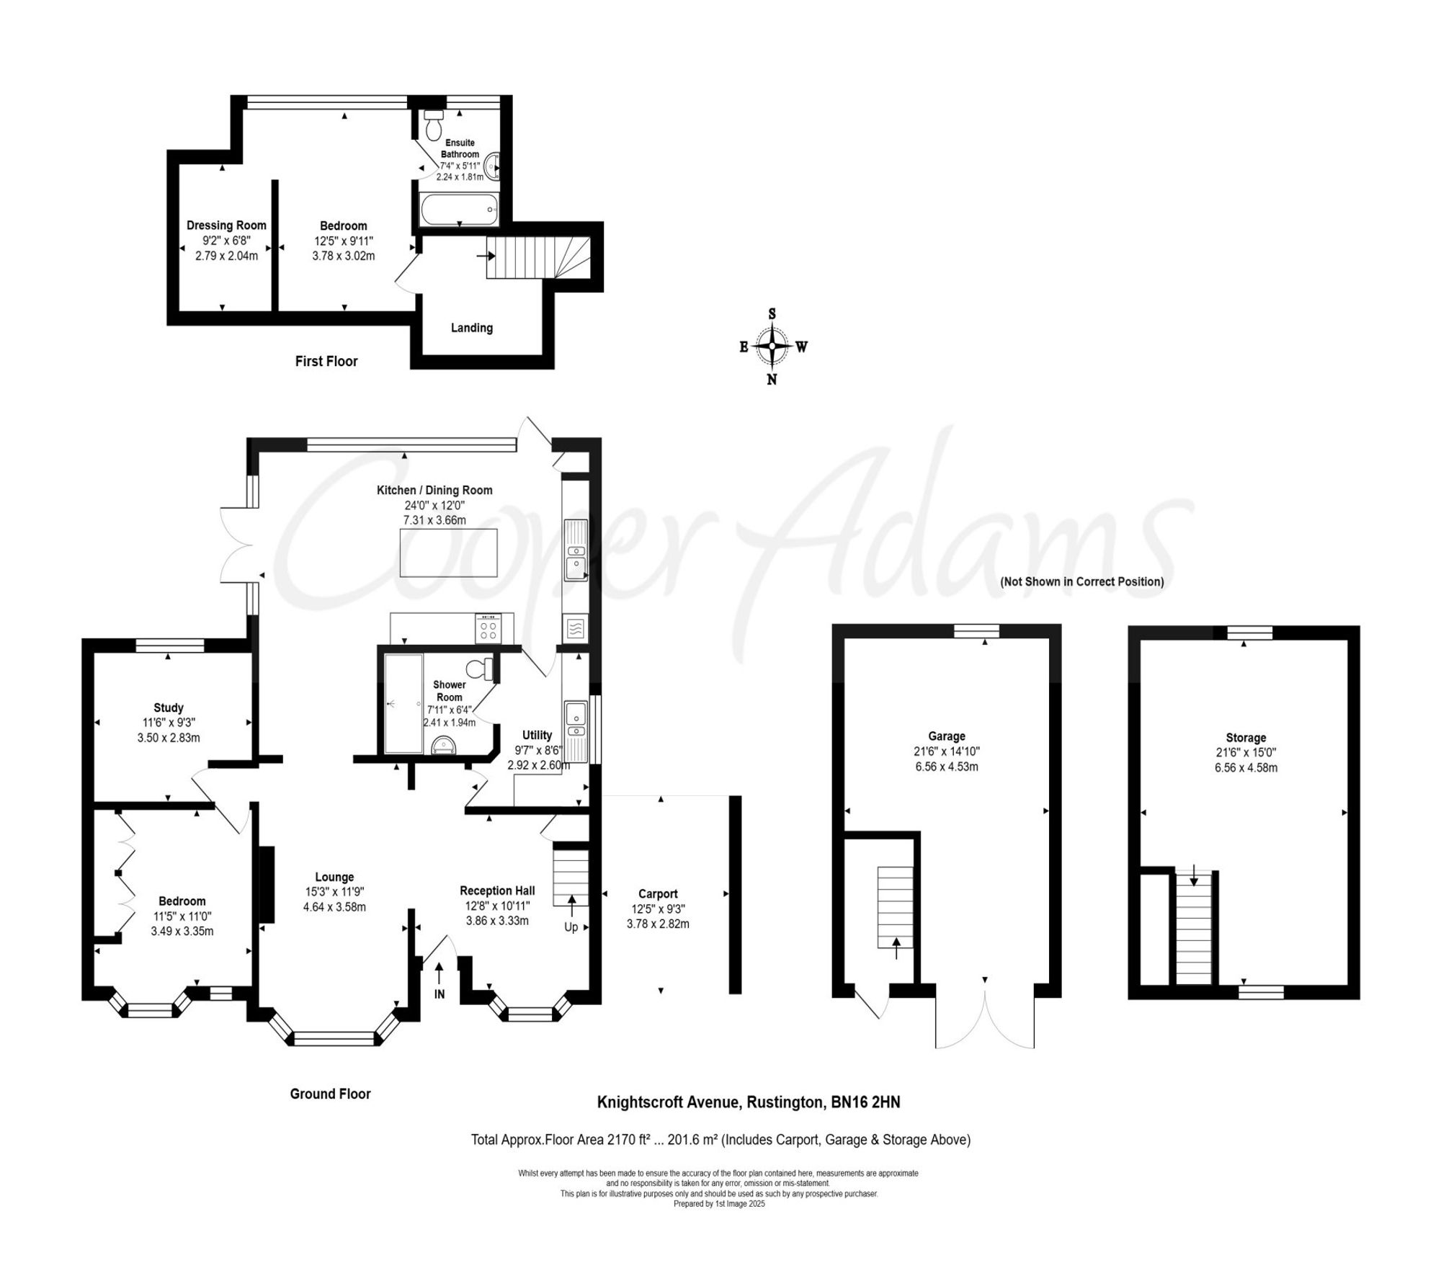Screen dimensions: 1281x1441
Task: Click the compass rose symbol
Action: click(772, 347)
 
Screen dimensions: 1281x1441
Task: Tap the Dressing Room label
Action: click(226, 226)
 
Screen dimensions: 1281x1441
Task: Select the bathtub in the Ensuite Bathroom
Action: click(458, 209)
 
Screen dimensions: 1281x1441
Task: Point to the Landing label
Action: click(471, 328)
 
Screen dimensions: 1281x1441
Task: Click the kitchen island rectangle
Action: click(448, 553)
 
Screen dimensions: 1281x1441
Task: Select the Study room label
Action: click(169, 708)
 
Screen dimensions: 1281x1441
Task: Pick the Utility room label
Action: click(537, 735)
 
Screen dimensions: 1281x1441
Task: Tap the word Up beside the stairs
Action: click(571, 927)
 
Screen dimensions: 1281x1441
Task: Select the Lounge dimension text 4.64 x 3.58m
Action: click(334, 907)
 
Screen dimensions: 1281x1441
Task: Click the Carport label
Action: click(657, 893)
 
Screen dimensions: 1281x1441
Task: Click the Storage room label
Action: click(1246, 738)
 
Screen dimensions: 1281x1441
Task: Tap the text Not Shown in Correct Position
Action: click(1081, 581)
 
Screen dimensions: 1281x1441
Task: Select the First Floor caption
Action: click(326, 362)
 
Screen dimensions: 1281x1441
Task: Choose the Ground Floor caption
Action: click(330, 1094)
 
